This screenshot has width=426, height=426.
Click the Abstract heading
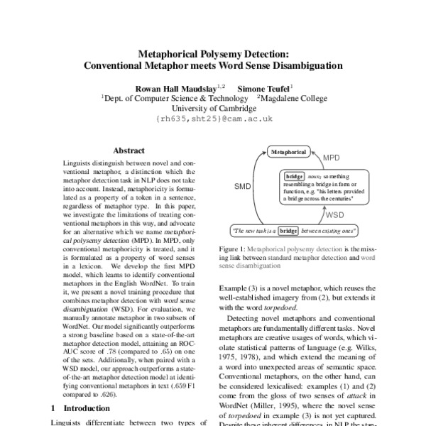tap(129, 151)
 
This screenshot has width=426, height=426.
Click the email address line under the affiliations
tap(214, 121)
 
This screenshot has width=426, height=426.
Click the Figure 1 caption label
tap(244, 250)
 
